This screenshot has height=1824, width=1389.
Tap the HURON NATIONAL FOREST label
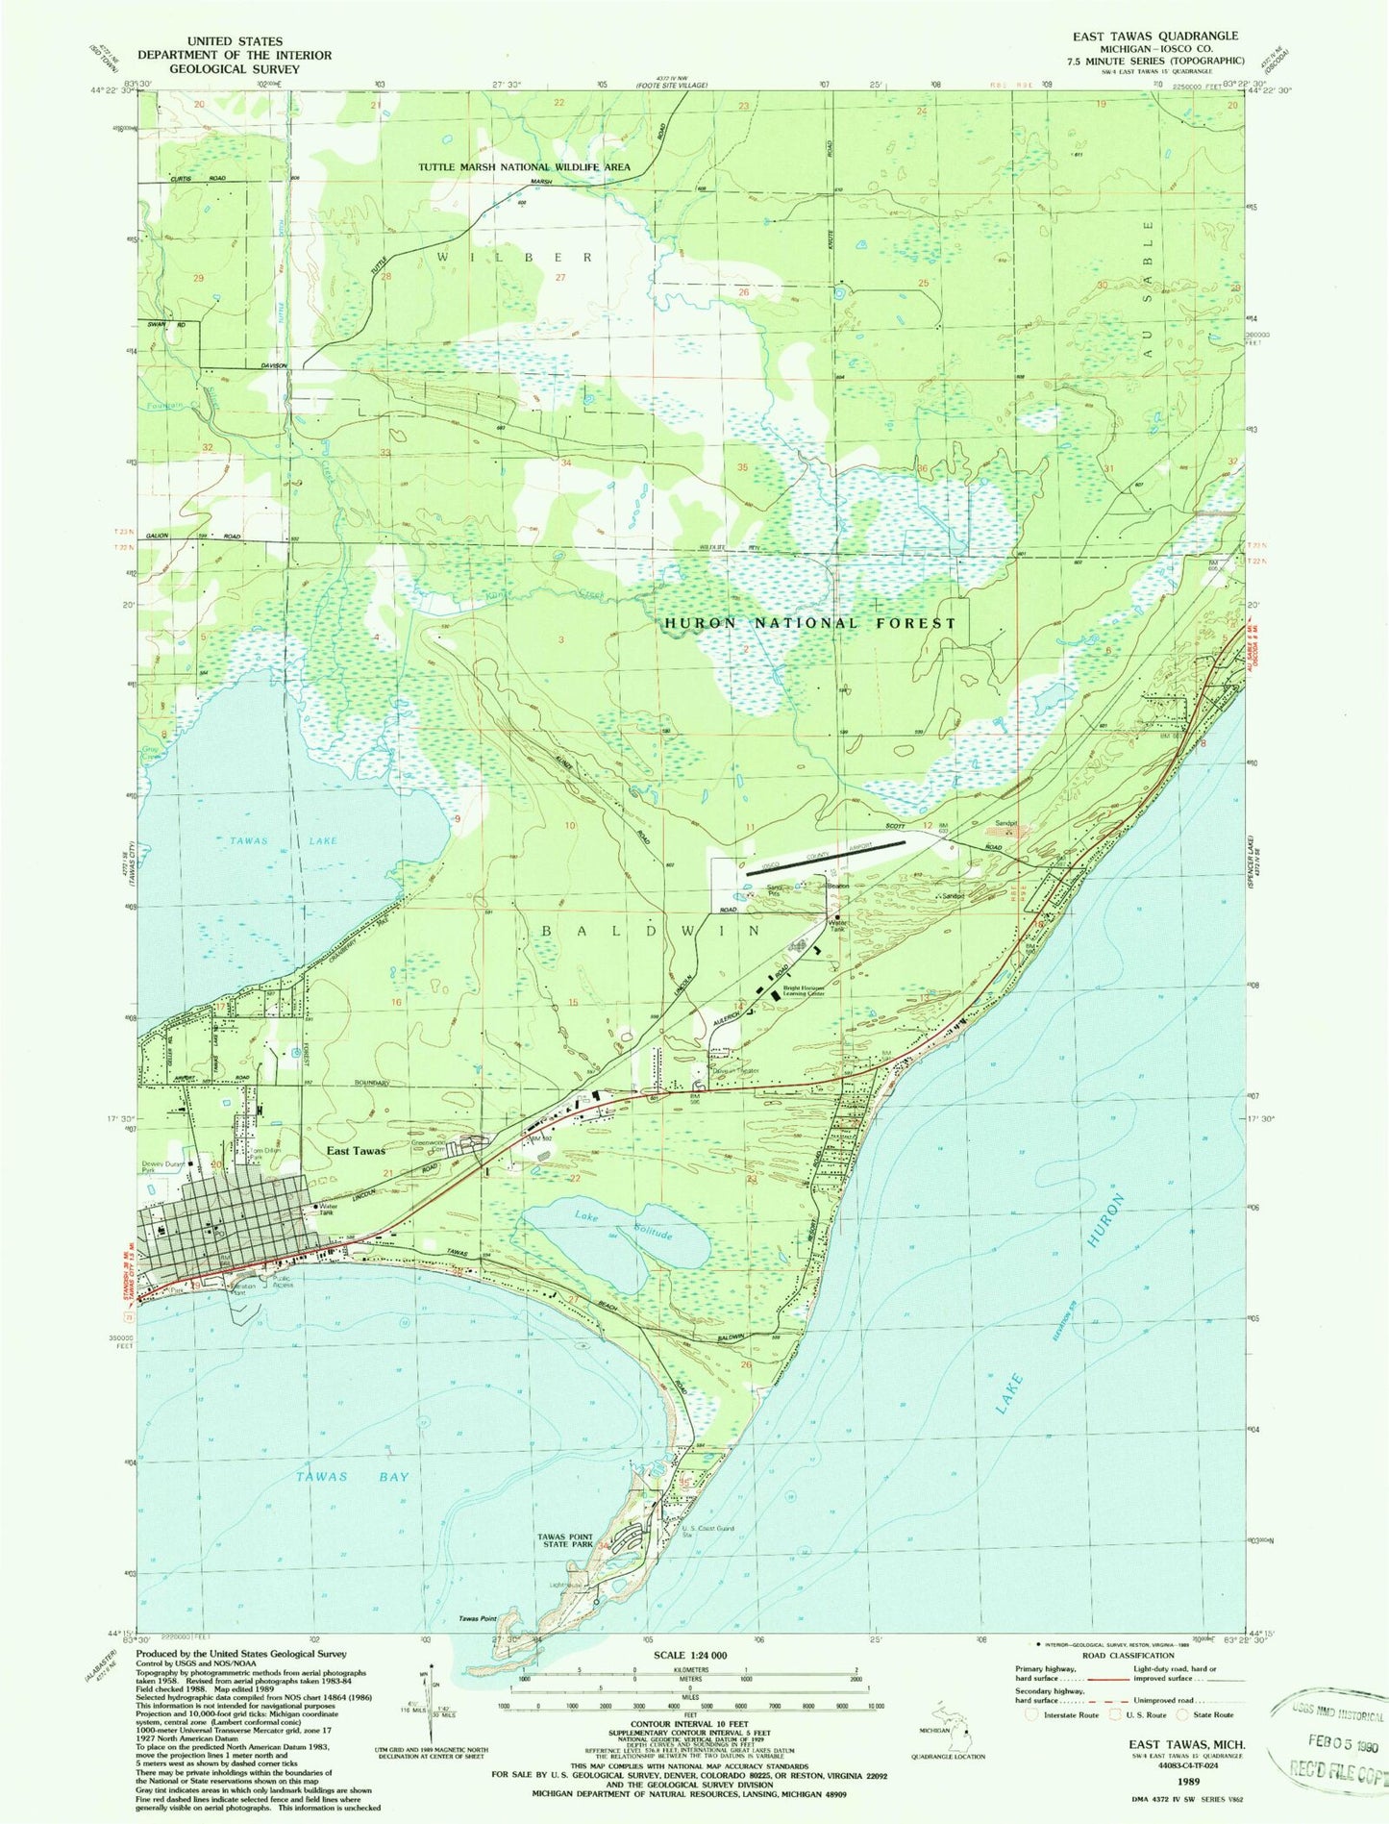point(810,623)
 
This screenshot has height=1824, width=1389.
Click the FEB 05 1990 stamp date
point(1333,1741)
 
